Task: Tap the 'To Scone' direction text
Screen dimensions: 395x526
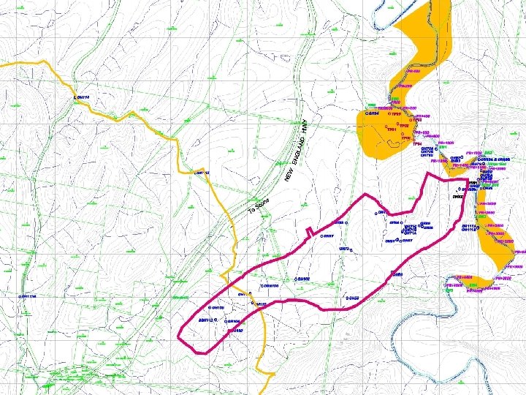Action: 260,207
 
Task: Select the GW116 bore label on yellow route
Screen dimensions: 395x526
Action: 82,97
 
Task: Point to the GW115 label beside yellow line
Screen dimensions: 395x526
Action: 202,173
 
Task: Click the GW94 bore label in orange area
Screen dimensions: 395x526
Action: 373,114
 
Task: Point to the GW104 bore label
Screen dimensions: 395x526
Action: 233,321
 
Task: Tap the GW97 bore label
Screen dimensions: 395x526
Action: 329,236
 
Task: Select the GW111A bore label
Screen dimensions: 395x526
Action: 469,226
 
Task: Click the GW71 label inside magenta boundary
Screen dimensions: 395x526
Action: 382,212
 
